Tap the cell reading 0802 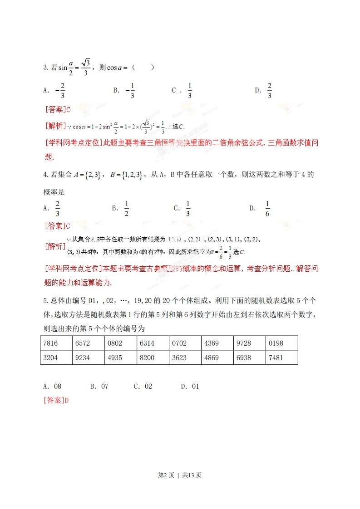[x=120, y=343]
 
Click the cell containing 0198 [x=281, y=343]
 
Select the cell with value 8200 [x=153, y=357]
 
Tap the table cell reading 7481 [x=281, y=357]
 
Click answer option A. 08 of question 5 [x=52, y=387]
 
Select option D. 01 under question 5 [x=190, y=387]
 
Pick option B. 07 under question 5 [x=99, y=387]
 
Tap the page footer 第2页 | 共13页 [x=180, y=475]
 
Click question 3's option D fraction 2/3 [x=269, y=90]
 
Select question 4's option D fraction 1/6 [x=267, y=208]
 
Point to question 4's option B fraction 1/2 [x=127, y=208]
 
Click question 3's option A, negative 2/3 [x=60, y=90]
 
